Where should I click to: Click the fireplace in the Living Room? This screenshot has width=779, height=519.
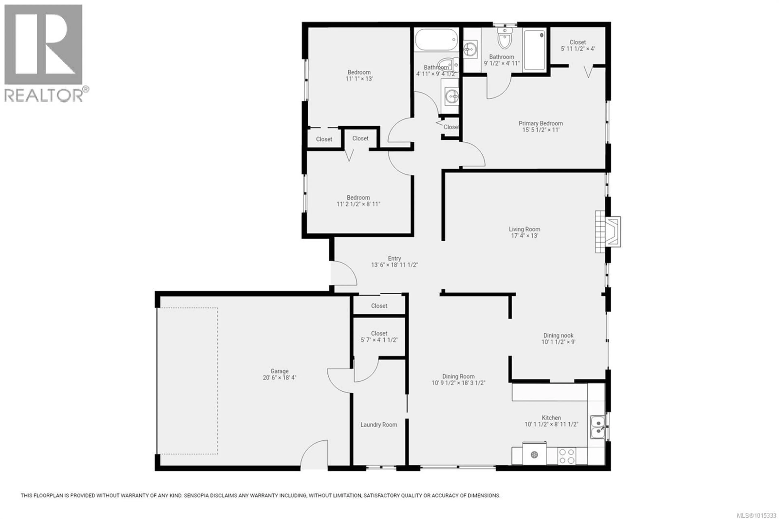[608, 232]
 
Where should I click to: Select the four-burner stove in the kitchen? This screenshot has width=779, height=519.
[567, 456]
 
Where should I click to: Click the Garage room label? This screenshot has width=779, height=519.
[279, 371]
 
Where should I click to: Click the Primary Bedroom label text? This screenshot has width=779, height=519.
[541, 124]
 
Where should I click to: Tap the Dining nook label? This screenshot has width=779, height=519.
[558, 335]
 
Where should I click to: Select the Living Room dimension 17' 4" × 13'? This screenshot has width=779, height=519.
[525, 236]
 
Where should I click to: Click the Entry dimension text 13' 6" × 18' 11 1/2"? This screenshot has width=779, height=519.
[394, 265]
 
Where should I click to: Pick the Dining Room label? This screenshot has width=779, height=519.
[458, 376]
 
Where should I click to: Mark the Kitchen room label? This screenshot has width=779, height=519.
[551, 418]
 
